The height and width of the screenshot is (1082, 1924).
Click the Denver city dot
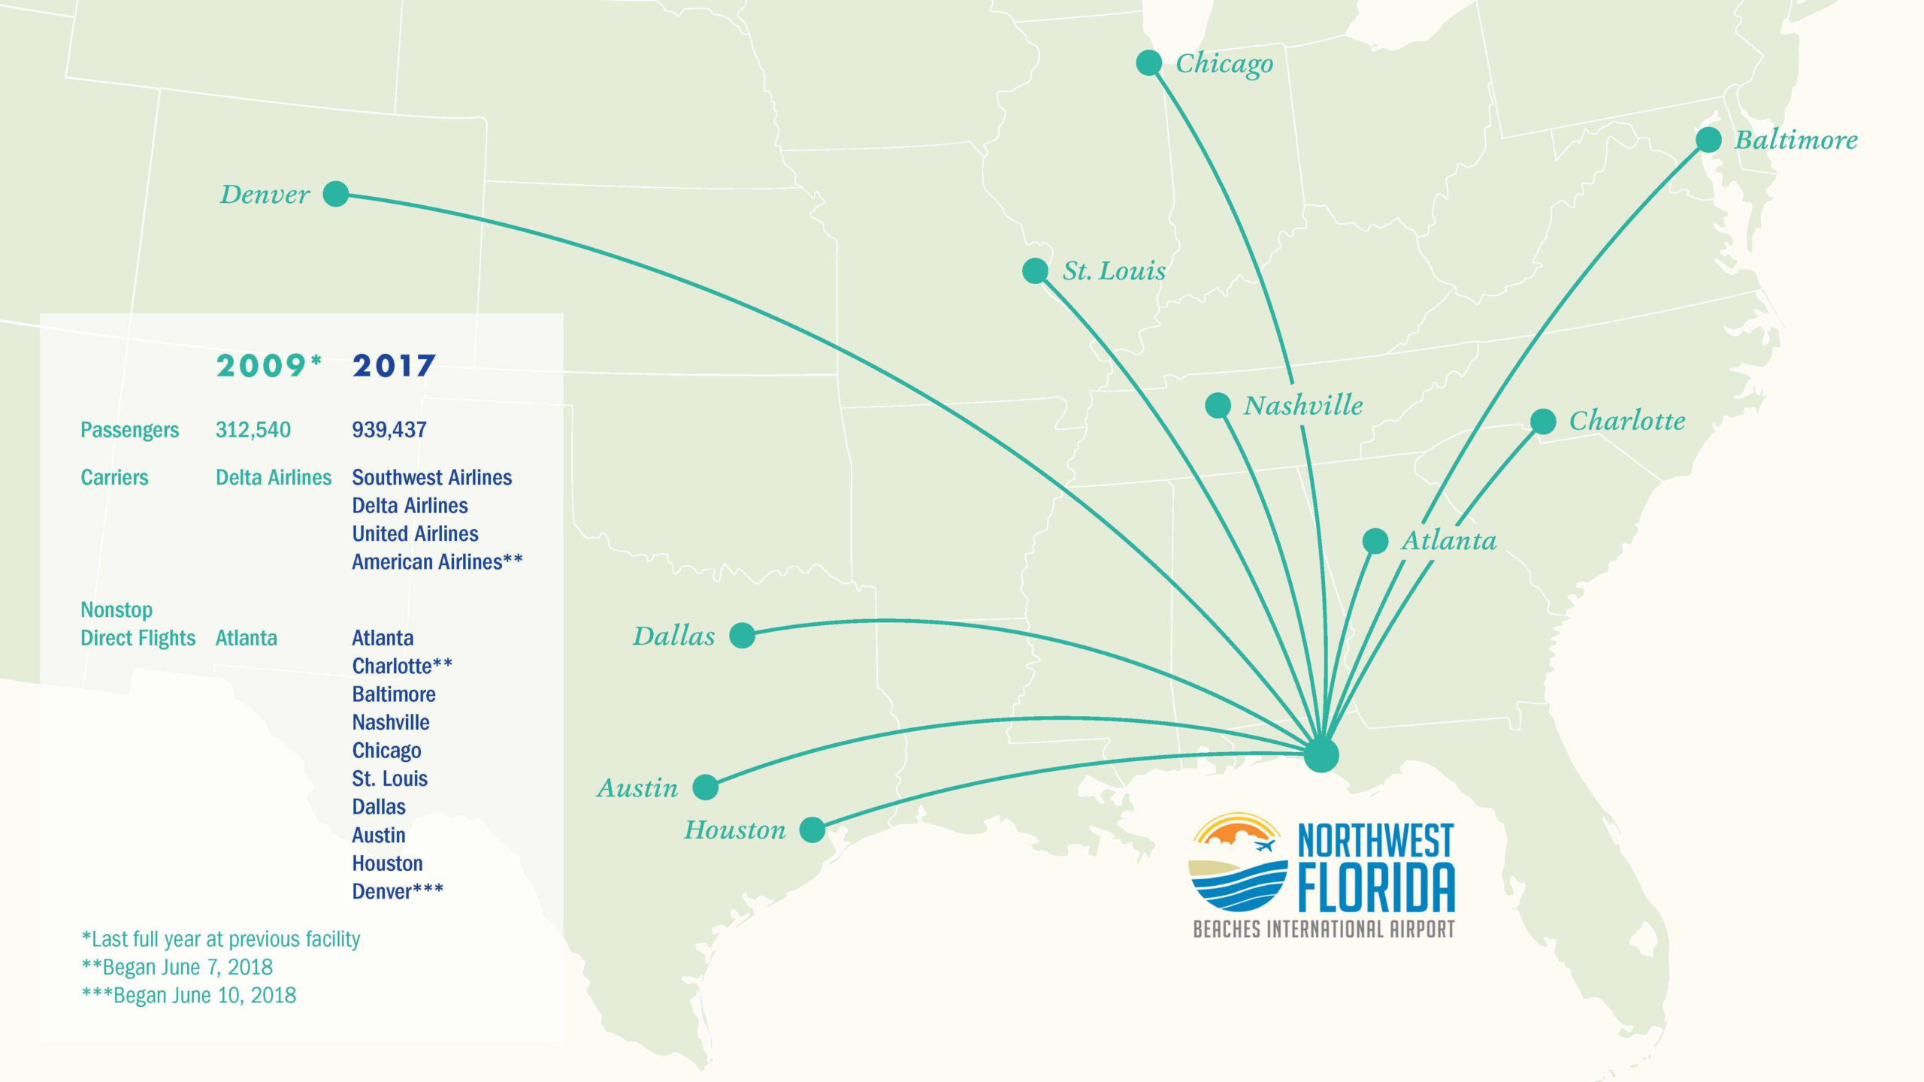[336, 194]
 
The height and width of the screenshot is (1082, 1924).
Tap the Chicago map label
[1224, 65]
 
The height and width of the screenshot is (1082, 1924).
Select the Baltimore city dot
[1708, 140]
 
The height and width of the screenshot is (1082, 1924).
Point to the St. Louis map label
[1114, 270]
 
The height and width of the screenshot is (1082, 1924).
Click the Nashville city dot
[1218, 406]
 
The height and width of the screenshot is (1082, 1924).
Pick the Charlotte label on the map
[1626, 421]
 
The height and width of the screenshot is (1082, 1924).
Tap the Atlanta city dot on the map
[1375, 541]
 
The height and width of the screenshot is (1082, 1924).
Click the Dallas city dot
[742, 636]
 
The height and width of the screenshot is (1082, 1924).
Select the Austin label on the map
[637, 788]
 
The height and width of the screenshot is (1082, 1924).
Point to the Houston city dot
[812, 830]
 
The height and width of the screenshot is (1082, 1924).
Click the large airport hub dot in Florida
[1321, 755]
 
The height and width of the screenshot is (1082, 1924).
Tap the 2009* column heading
[268, 366]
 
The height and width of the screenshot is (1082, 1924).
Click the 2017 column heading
[393, 366]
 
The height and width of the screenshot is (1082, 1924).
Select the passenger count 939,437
[389, 430]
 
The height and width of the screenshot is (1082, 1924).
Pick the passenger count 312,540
[253, 430]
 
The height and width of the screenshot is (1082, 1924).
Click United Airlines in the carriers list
[415, 533]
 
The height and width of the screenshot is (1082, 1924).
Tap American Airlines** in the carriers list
[437, 562]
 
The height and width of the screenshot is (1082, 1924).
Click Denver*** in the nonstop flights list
[398, 892]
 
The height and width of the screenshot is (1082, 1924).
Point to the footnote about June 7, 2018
[177, 967]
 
